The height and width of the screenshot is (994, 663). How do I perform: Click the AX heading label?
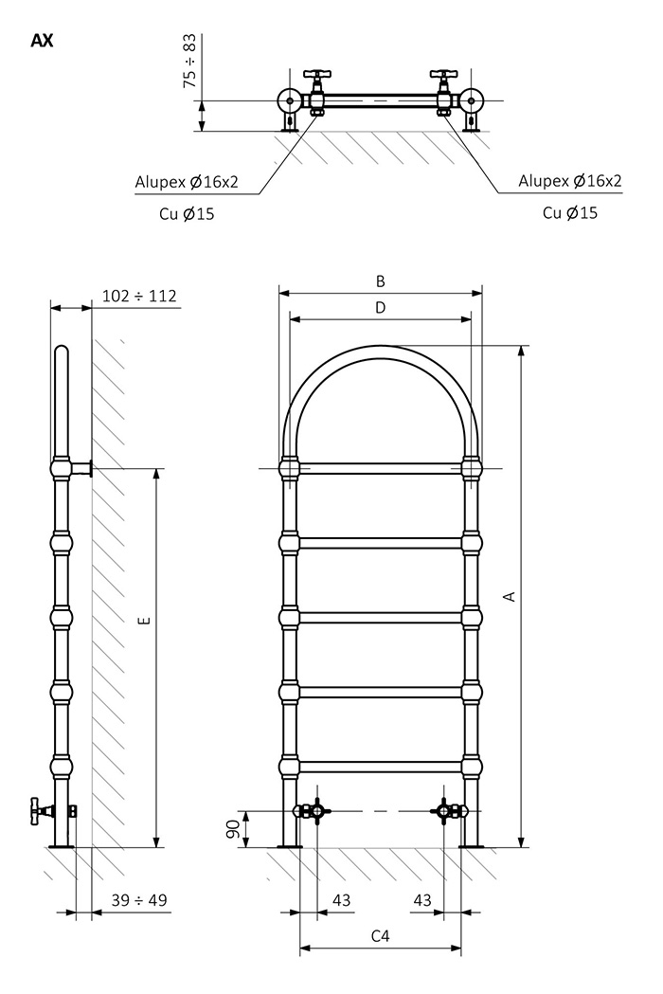42,41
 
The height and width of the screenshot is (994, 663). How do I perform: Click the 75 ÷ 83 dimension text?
189,61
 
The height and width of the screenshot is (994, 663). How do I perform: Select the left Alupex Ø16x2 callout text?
187,182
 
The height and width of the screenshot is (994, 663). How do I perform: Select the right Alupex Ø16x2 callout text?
570,181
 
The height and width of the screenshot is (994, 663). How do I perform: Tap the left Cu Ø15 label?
187,213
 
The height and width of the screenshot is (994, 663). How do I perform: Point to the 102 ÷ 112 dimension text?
139,296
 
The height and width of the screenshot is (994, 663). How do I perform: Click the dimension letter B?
381,280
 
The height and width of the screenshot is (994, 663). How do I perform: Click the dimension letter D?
381,307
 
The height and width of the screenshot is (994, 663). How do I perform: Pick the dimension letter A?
510,596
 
